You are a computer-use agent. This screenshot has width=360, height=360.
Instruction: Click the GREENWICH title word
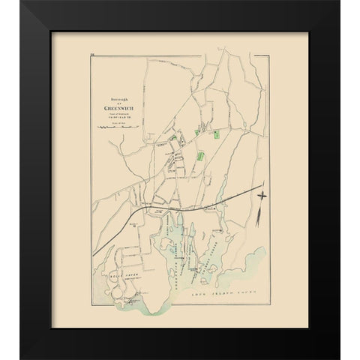[x=121, y=107]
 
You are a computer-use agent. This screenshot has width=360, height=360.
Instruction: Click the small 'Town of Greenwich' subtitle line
[x=121, y=113]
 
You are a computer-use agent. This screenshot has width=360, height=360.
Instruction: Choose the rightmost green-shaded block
[x=216, y=135]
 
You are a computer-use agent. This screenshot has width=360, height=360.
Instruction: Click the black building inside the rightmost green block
[x=216, y=135]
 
